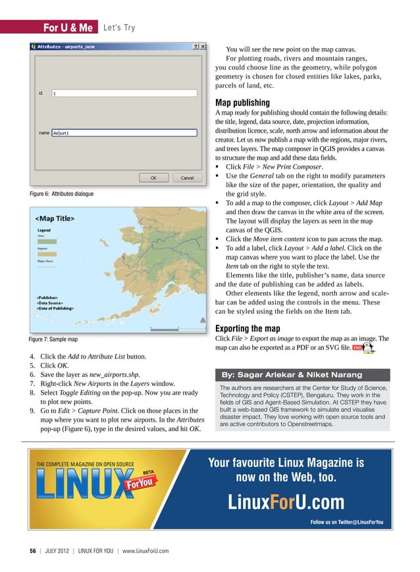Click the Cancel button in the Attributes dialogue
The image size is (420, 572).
187,177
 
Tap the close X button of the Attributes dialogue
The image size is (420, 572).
203,47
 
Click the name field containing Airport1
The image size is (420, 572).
124,132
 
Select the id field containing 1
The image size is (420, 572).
124,94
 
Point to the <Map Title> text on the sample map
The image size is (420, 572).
55,218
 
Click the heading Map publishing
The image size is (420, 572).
242,103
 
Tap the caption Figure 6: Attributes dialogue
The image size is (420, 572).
61,194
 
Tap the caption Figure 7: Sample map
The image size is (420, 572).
53,339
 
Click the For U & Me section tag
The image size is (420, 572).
67,28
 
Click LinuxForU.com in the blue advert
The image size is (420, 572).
286,503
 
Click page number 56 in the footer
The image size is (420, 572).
32,550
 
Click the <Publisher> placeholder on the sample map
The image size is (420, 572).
51,297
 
